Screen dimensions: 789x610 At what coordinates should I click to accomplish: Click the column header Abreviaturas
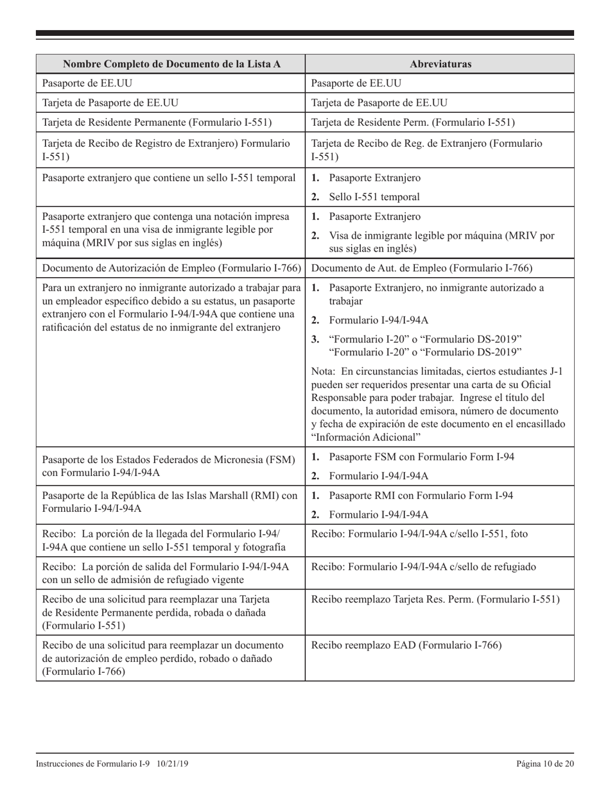440,64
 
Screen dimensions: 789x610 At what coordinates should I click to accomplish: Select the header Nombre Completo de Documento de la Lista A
170,64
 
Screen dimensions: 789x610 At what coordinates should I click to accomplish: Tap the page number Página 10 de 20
545,763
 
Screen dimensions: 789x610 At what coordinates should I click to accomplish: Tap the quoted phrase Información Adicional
365,437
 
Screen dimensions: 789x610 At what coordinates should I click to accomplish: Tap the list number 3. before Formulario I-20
315,339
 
